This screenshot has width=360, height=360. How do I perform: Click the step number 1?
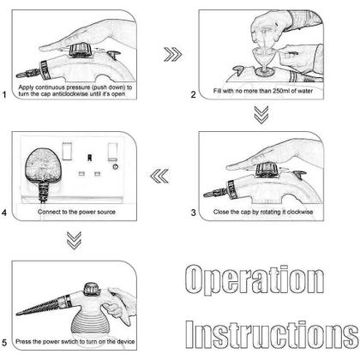click(x=4, y=94)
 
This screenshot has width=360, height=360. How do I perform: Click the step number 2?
click(x=194, y=94)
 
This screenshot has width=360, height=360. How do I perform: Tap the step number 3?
click(x=194, y=213)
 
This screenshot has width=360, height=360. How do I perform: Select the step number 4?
click(x=4, y=213)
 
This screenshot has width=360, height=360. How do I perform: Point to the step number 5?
click(x=4, y=343)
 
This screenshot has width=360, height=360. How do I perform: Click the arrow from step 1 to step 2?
click(x=173, y=54)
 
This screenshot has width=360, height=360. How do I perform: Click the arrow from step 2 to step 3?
click(x=261, y=115)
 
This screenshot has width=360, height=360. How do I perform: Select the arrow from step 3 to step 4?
click(x=159, y=176)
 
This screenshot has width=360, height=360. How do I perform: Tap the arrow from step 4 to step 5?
click(x=74, y=240)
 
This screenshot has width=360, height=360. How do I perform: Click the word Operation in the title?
click(x=255, y=279)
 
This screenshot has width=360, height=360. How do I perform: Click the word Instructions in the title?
click(x=272, y=334)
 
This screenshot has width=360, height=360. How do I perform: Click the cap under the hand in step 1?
click(x=81, y=51)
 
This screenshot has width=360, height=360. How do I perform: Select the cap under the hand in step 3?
click(x=267, y=169)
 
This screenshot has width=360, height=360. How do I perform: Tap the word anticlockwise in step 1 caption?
click(x=70, y=94)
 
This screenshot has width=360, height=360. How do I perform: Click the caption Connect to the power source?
click(x=76, y=212)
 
